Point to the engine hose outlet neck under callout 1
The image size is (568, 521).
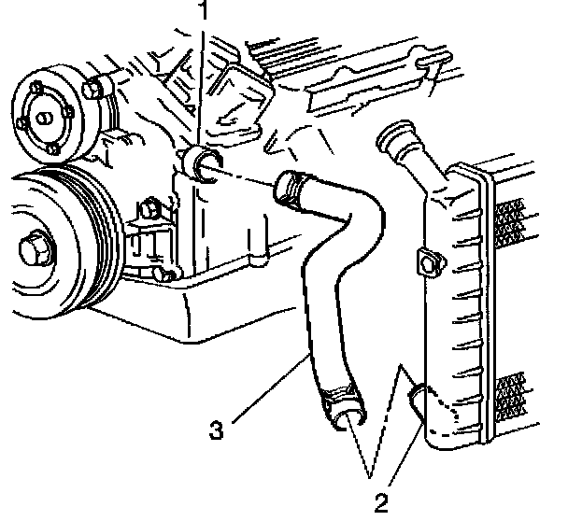(204, 165)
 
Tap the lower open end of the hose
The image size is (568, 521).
(349, 418)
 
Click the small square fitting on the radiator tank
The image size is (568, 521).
(430, 263)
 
